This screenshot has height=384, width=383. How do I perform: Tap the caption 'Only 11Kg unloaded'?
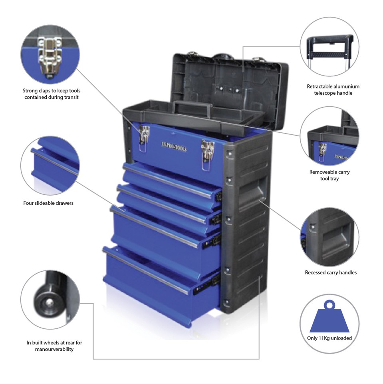point(329,338)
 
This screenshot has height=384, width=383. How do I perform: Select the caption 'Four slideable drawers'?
point(48,203)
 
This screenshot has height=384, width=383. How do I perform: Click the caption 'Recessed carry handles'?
point(331,272)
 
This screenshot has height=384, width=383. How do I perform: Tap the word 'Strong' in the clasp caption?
point(30,91)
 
